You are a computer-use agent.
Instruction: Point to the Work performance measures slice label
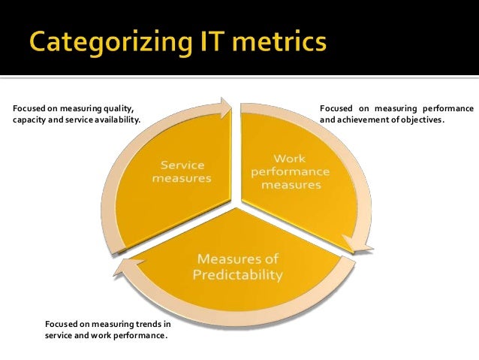(x=290, y=171)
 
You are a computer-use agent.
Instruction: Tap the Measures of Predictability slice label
(x=237, y=267)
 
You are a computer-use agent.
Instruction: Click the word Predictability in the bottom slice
(x=237, y=275)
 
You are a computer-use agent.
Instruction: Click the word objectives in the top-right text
(x=423, y=119)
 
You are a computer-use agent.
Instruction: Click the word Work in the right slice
(x=290, y=159)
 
